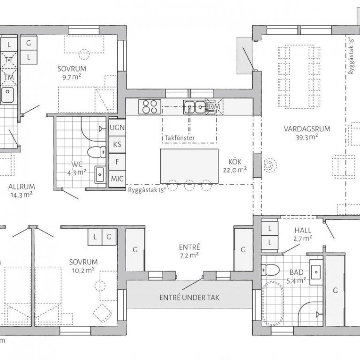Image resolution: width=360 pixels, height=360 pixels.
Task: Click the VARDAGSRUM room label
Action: [x=307, y=129]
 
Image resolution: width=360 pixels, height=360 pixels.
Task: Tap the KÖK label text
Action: [x=235, y=162]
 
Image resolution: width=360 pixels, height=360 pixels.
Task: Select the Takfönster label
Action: [x=180, y=138]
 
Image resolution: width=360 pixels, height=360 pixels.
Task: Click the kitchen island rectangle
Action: [x=189, y=166]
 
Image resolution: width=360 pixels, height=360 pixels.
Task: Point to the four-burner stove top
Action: [x=150, y=106]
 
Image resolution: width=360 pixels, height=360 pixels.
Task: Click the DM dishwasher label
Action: [x=215, y=106]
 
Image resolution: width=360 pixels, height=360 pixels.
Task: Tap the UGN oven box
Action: [x=117, y=127]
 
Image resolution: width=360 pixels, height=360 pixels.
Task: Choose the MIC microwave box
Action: [x=117, y=179]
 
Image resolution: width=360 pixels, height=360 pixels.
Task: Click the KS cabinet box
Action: [x=117, y=145]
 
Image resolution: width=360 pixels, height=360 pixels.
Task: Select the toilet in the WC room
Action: [x=97, y=152]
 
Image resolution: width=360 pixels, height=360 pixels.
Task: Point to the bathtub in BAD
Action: [x=273, y=303]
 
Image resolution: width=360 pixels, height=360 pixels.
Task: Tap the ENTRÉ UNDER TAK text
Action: [x=189, y=298]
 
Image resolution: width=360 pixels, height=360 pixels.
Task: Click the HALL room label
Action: [x=303, y=230]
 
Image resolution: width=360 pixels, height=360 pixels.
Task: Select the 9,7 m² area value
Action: [x=72, y=77]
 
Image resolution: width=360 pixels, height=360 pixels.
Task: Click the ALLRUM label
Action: [x=22, y=187]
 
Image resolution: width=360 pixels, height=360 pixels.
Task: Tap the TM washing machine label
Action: [x=9, y=77]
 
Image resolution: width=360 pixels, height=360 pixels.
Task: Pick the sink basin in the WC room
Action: [x=100, y=174]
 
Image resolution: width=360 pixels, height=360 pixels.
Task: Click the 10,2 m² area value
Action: [x=83, y=270]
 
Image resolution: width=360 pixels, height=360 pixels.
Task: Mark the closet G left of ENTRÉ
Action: [x=135, y=249]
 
